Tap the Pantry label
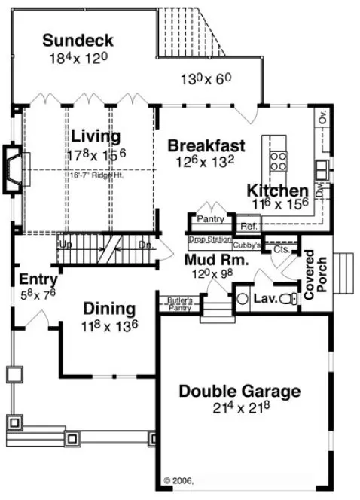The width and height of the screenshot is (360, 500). [x=207, y=219]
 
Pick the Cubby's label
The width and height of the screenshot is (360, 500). [x=246, y=245]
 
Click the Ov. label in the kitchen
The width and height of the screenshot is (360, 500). [x=323, y=118]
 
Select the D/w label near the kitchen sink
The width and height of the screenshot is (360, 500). [x=319, y=191]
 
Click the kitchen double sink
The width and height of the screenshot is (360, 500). [x=322, y=167]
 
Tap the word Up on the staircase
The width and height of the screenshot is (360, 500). [x=66, y=245]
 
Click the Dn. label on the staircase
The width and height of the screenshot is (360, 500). [x=145, y=245]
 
